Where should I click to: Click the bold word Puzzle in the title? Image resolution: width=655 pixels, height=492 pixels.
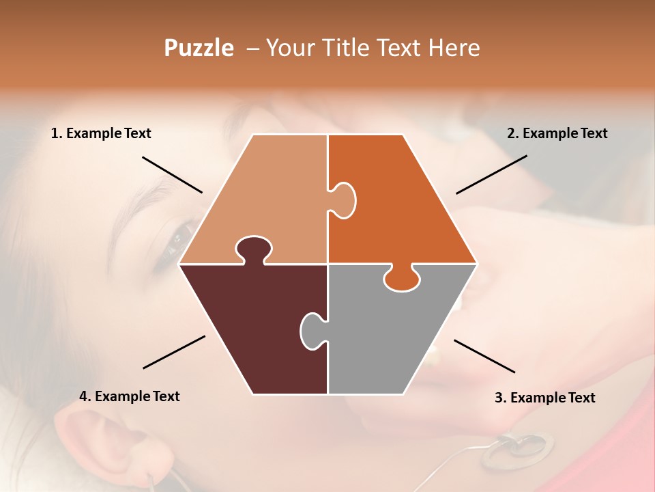[199, 48]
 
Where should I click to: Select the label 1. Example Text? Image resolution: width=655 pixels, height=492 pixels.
[101, 133]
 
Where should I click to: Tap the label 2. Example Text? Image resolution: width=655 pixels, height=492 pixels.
[557, 133]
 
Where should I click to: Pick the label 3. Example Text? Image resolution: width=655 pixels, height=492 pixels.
[544, 398]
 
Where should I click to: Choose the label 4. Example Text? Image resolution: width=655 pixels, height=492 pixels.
[130, 396]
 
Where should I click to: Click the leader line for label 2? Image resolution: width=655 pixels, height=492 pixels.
[491, 174]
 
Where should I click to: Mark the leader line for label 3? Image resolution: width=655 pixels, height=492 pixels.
[484, 356]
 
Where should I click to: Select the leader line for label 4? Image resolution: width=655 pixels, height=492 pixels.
[174, 352]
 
